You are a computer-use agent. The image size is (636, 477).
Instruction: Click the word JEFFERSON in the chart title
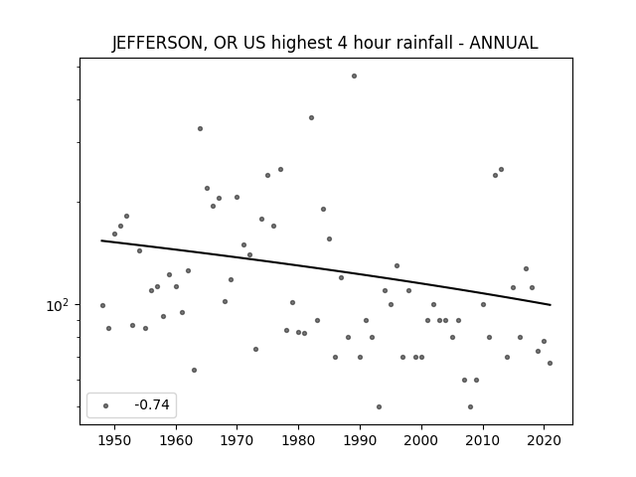point(157,43)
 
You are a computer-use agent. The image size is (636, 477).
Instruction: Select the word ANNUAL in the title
point(504,43)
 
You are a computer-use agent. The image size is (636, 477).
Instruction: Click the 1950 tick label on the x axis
point(115,440)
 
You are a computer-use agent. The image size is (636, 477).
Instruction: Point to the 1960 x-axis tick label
point(176,440)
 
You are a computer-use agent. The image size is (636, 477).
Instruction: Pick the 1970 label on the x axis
point(238,440)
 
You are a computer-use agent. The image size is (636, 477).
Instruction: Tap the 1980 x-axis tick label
point(299,440)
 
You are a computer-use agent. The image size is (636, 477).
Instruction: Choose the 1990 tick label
point(360,440)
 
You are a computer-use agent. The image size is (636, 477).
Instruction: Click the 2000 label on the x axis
point(421,440)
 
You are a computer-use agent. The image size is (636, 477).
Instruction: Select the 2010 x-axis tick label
point(483,440)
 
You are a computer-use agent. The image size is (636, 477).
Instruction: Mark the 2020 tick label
point(544,440)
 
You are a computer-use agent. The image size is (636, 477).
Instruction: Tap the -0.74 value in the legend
point(152,404)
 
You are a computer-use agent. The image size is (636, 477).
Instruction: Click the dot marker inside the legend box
point(106,405)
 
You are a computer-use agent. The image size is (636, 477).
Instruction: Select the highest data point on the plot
point(354,76)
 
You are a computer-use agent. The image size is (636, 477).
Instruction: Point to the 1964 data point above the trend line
point(201,128)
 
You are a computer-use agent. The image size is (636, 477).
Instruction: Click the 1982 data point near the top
point(311,117)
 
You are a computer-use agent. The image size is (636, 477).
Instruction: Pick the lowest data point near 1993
point(379,406)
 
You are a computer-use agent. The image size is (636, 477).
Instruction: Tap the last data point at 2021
point(550,363)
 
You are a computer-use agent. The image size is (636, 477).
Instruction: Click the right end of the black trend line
point(551,305)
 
